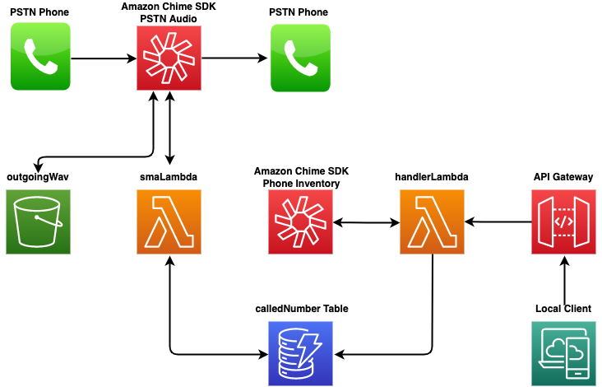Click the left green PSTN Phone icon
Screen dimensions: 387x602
(x=40, y=57)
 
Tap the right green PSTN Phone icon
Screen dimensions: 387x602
(x=300, y=57)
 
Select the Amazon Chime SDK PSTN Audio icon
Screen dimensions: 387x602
(x=169, y=57)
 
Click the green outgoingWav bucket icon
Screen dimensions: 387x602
(x=39, y=221)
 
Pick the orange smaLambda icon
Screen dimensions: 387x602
(x=169, y=221)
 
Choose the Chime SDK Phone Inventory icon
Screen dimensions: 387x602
(x=301, y=221)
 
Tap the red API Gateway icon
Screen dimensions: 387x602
(x=563, y=221)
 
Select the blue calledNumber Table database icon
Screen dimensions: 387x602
(x=301, y=353)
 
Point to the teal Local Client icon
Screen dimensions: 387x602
(x=563, y=353)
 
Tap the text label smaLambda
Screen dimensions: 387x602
(x=169, y=177)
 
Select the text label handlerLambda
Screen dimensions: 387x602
(x=432, y=177)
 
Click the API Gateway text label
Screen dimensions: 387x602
(x=563, y=177)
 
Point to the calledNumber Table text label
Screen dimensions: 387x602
(x=301, y=309)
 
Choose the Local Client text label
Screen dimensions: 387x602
(x=563, y=309)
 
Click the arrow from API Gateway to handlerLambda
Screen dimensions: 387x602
(x=498, y=221)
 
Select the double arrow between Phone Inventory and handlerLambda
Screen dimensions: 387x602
(x=367, y=221)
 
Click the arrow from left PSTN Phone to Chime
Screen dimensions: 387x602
(x=104, y=58)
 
